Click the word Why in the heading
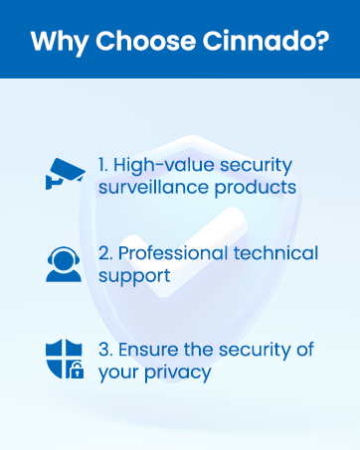(x=57, y=43)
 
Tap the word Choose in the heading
(x=134, y=43)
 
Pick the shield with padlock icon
(x=64, y=361)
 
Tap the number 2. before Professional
(x=105, y=254)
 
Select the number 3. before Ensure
(x=105, y=350)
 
